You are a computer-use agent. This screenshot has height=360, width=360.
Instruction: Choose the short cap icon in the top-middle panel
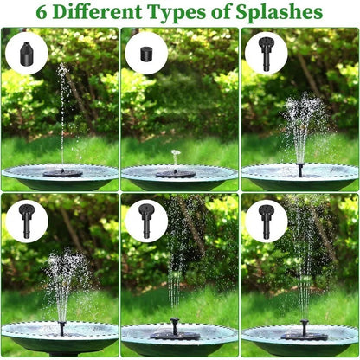[146, 55]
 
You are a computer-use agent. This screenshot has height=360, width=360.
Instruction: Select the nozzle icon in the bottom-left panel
[26, 222]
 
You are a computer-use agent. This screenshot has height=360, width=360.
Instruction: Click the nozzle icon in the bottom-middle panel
[146, 222]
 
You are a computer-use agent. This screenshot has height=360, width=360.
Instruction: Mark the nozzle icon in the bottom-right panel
[265, 222]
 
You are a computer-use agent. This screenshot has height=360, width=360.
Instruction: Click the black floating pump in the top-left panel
[62, 172]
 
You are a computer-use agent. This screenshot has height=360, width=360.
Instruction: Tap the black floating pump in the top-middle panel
[176, 173]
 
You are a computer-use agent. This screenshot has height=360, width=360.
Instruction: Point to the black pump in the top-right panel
[299, 168]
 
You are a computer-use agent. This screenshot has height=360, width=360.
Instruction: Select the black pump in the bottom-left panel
[61, 329]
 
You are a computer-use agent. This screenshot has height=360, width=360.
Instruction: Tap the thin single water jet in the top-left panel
[62, 112]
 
